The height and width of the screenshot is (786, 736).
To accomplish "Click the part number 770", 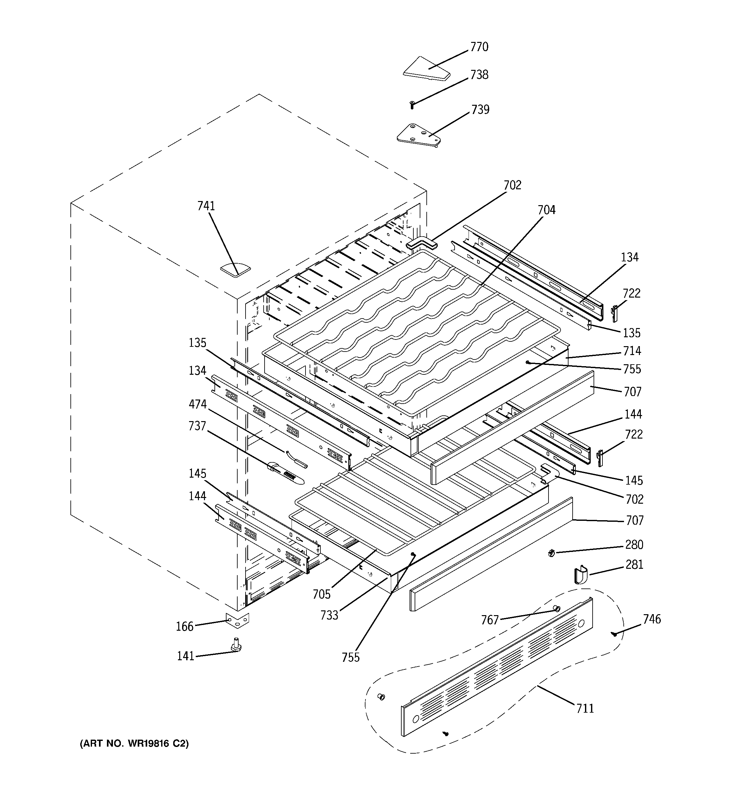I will click(479, 47).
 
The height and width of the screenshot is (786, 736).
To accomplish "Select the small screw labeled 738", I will click(412, 105).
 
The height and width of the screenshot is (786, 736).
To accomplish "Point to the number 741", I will click(206, 206).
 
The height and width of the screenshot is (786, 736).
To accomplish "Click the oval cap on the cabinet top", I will click(235, 270).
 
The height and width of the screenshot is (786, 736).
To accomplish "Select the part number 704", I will click(546, 210).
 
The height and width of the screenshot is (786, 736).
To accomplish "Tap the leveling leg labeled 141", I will click(237, 646).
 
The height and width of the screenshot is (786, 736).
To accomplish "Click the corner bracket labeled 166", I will click(237, 620).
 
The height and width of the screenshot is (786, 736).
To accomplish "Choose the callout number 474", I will click(198, 404).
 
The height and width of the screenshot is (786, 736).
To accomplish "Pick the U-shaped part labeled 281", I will click(580, 575).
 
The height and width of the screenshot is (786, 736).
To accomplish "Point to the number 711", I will click(585, 708).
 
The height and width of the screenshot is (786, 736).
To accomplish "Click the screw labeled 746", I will click(615, 634).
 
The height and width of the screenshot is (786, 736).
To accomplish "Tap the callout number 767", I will click(490, 620).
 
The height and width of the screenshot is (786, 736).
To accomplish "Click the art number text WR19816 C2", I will click(134, 744).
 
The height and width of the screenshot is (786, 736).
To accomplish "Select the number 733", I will click(330, 615).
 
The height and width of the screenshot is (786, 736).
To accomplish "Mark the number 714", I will click(632, 351).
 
